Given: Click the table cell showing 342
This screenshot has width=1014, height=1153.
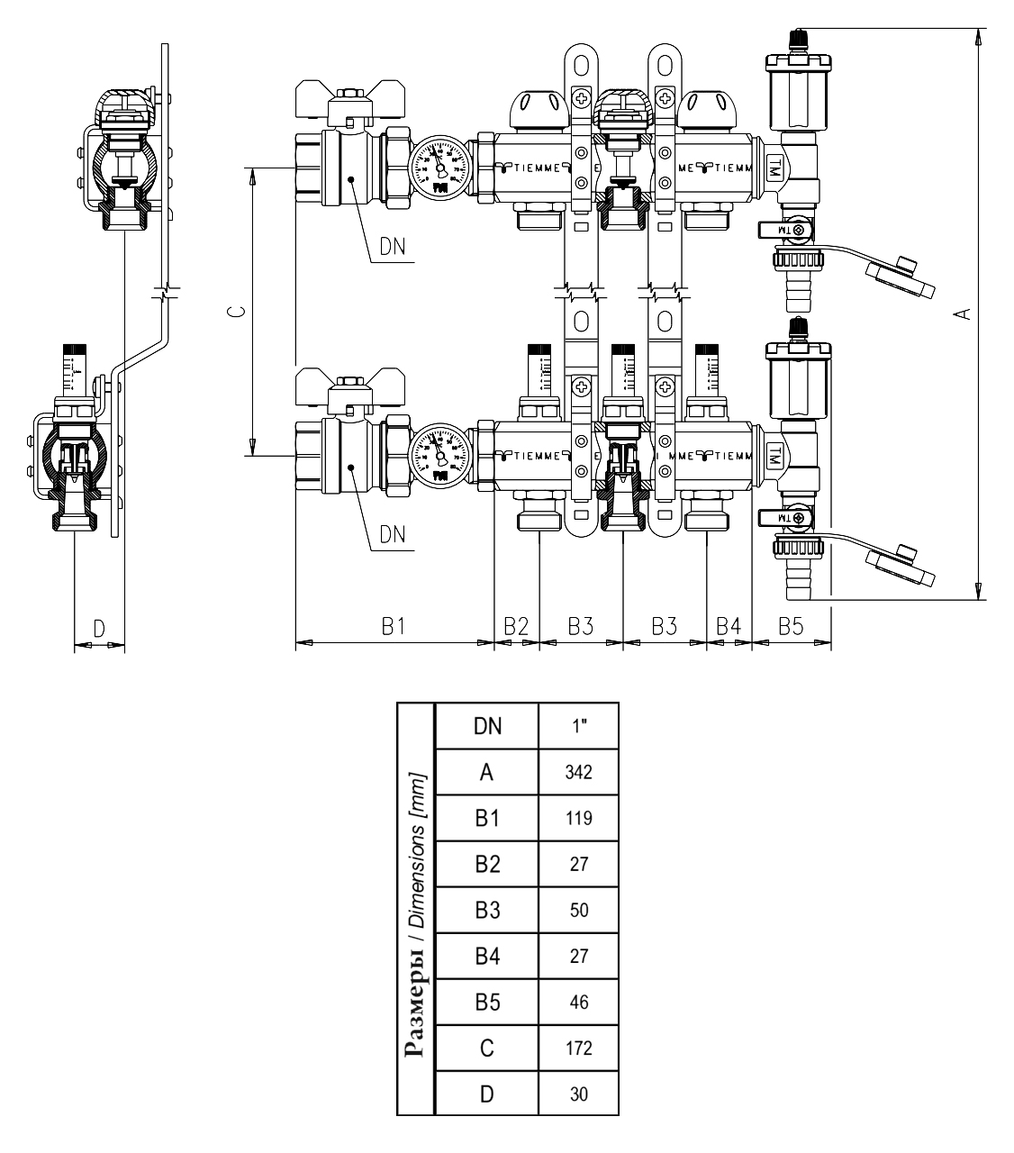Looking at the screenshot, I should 578,772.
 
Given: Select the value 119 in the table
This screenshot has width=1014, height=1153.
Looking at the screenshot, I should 578,818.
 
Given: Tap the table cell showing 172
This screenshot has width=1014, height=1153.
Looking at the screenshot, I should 578,1048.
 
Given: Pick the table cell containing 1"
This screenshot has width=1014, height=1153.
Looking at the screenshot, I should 578,726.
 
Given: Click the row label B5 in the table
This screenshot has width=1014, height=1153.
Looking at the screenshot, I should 487,1002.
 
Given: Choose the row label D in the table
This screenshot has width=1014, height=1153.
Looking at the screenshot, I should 487,1094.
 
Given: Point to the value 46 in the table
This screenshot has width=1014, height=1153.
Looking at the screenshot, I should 578,1002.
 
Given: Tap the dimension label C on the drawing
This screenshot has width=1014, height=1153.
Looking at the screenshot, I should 233,313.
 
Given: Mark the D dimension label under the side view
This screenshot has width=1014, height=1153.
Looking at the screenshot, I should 99,628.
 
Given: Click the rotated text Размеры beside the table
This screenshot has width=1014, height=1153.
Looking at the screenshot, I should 415,1000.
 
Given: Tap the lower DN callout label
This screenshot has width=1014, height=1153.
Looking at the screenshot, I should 392,534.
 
